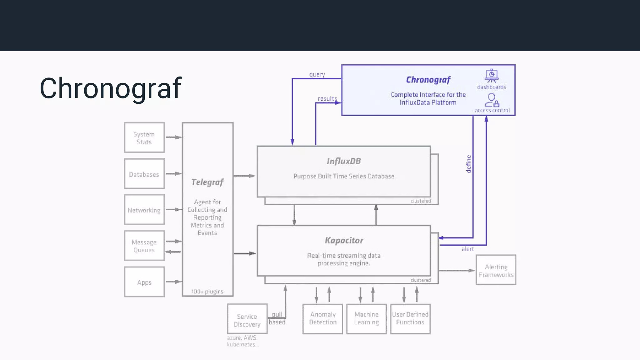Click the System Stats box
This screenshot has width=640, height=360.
click(x=144, y=137)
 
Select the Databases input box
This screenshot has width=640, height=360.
click(x=144, y=174)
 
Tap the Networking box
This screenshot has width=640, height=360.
click(x=144, y=210)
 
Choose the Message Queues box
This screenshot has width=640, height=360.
click(x=144, y=246)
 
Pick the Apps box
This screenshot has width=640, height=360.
click(x=144, y=282)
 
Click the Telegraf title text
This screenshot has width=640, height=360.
click(x=207, y=182)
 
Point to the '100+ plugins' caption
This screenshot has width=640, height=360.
click(x=207, y=292)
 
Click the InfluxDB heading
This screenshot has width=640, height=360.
click(x=344, y=161)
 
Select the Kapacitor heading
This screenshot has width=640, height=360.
click(x=344, y=240)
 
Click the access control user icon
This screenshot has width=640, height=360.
click(x=492, y=100)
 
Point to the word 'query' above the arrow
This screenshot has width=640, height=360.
click(x=317, y=74)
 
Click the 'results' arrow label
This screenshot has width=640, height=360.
click(x=327, y=98)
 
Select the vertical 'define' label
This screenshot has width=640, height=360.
click(x=468, y=164)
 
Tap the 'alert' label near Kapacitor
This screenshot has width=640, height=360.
click(x=468, y=249)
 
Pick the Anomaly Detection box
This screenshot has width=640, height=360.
click(x=323, y=319)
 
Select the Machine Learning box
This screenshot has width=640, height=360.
click(x=367, y=319)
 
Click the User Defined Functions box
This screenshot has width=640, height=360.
click(x=410, y=319)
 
